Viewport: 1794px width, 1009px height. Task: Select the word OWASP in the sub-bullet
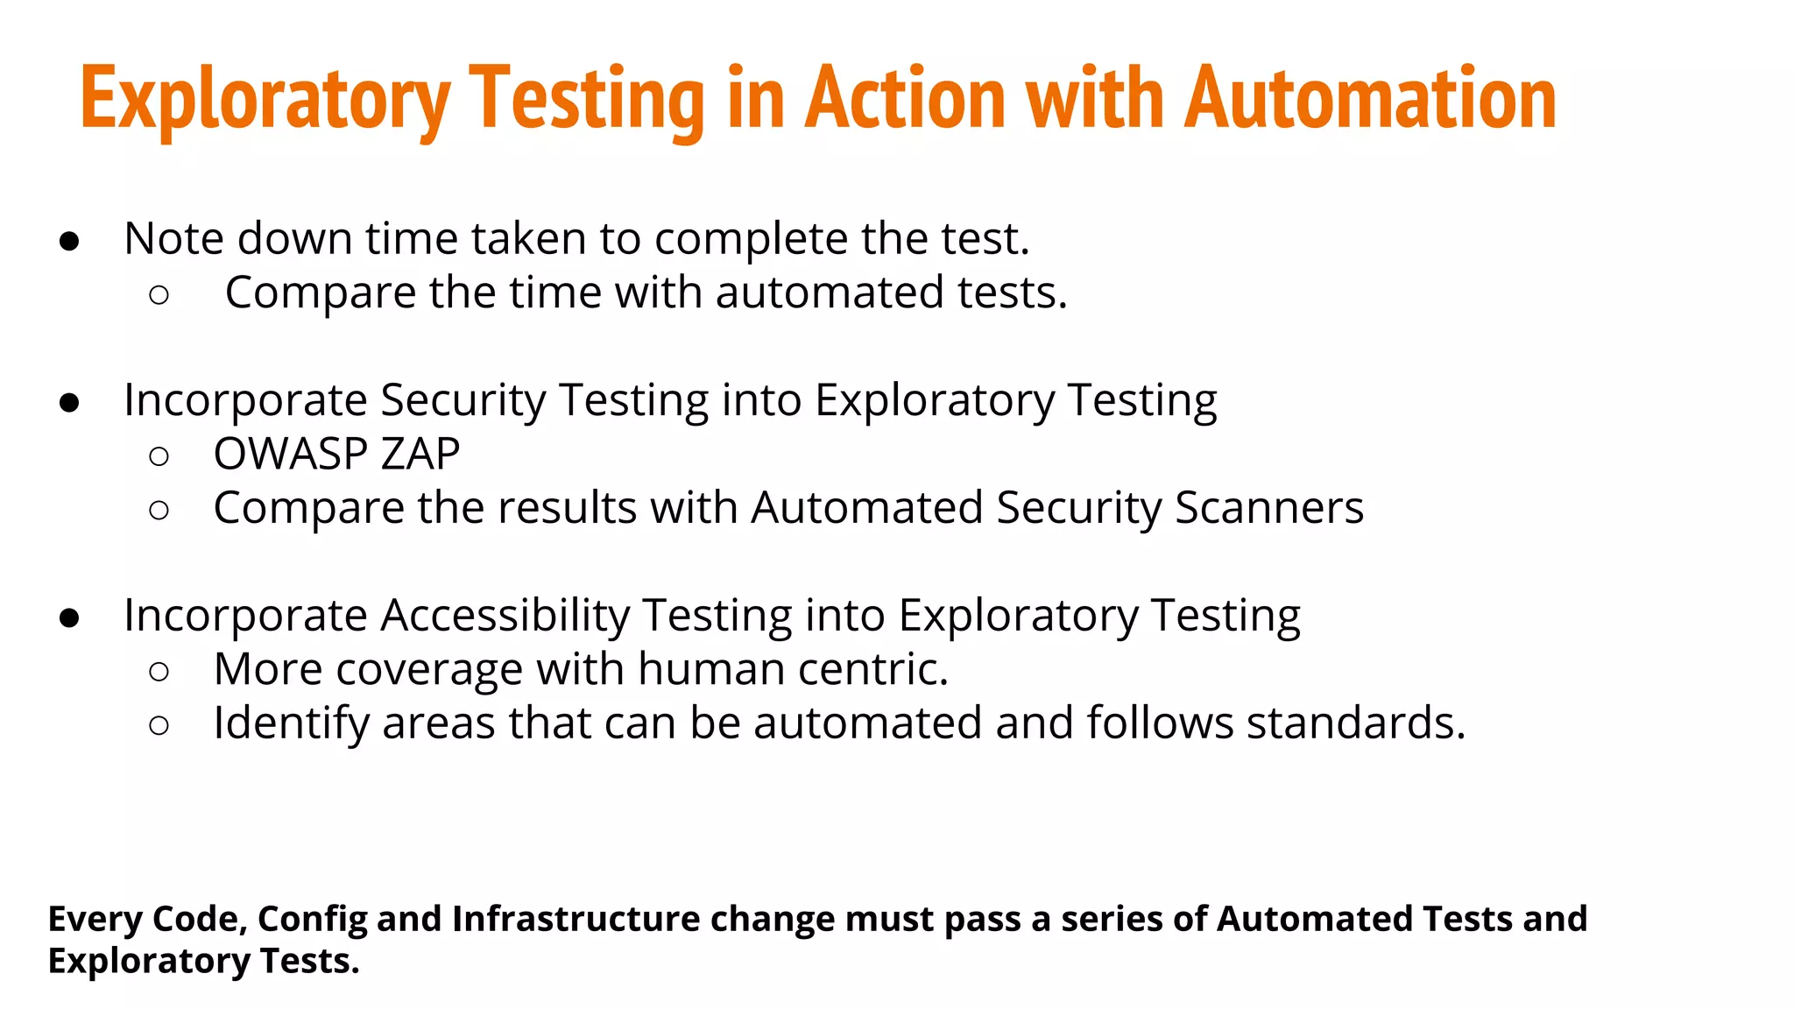290,454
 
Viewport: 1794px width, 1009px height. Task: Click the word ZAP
420,454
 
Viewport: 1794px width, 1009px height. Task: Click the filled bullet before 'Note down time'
69,242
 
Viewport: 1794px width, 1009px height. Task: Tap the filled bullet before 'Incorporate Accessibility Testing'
69,618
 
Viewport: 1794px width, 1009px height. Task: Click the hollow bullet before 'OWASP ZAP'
159,456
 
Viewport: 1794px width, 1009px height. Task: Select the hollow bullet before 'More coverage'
159,672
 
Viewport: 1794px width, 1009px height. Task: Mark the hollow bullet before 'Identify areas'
159,725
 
